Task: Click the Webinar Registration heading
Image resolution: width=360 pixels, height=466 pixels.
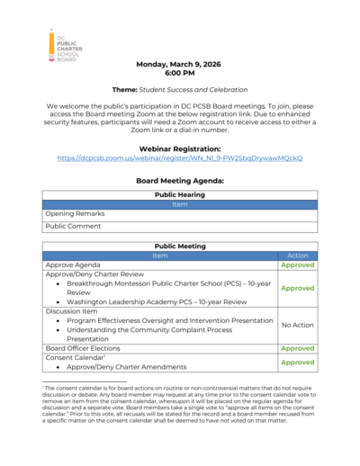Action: (x=179, y=148)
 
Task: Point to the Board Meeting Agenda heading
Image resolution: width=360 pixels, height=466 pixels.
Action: (x=179, y=181)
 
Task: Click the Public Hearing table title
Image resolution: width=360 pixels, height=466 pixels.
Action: (x=179, y=194)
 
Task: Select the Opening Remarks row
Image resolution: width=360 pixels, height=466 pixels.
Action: (x=76, y=214)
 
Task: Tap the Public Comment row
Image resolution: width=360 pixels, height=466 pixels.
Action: (x=74, y=227)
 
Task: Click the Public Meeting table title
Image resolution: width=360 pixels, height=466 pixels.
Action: (x=179, y=245)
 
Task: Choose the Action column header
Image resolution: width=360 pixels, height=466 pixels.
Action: (x=297, y=255)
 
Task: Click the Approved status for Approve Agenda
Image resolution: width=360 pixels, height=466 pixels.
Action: (x=297, y=266)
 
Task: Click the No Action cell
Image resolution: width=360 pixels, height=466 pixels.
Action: (x=297, y=325)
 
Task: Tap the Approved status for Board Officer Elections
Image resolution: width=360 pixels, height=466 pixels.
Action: (x=297, y=347)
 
